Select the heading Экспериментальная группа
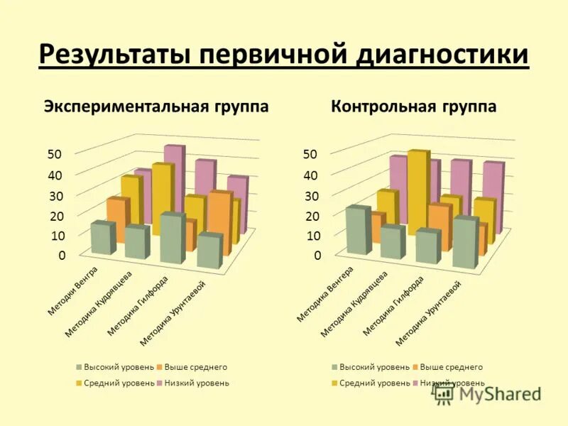pyautogui.click(x=156, y=106)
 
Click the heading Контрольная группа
pyautogui.click(x=414, y=106)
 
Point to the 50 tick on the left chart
pyautogui.click(x=55, y=153)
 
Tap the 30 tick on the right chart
pyautogui.click(x=312, y=195)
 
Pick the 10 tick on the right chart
pyautogui.click(x=312, y=236)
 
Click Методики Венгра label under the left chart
pyautogui.click(x=73, y=291)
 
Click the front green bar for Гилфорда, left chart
pyautogui.click(x=170, y=239)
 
